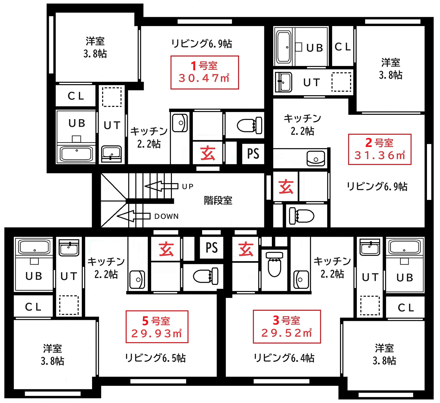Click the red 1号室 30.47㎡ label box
click(x=205, y=72)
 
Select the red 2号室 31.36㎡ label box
click(x=380, y=149)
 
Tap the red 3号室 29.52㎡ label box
click(x=287, y=327)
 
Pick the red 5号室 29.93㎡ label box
click(x=157, y=327)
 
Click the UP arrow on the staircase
click(x=161, y=186)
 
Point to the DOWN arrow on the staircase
click(x=133, y=216)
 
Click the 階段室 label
click(x=218, y=200)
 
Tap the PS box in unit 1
click(x=253, y=154)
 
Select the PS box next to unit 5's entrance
click(x=211, y=248)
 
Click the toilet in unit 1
click(x=250, y=125)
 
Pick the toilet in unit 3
click(x=274, y=264)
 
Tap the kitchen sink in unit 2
click(x=316, y=158)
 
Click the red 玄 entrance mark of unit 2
click(x=286, y=187)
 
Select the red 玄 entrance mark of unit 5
click(x=166, y=249)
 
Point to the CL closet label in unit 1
click(x=76, y=96)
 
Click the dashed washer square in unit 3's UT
click(x=370, y=305)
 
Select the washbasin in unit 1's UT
click(x=111, y=154)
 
